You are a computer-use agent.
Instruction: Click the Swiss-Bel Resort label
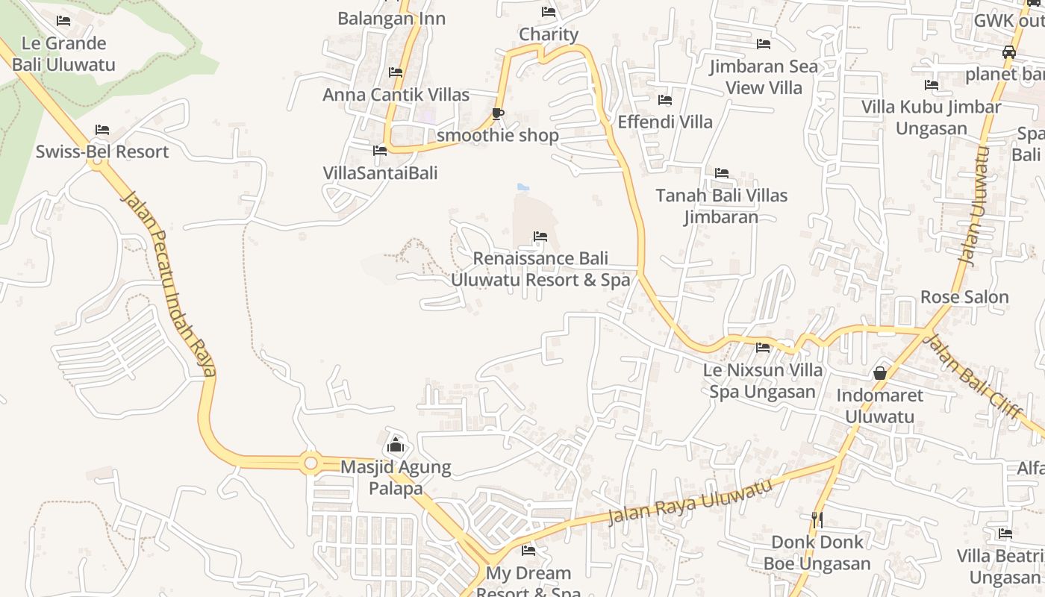102,151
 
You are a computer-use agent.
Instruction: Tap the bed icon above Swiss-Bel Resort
102,130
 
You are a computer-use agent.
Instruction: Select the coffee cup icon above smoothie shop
498,113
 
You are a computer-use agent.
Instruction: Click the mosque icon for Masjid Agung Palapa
395,446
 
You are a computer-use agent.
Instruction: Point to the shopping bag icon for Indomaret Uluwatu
880,372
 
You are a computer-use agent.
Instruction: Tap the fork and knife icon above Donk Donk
817,519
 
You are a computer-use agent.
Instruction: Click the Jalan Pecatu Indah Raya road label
170,284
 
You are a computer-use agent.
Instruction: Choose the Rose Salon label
964,297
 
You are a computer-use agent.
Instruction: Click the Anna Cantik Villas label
396,95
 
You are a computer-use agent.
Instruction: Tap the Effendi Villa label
665,122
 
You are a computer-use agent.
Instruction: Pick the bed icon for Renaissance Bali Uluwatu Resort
540,237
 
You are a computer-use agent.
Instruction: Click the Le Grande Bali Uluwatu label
64,54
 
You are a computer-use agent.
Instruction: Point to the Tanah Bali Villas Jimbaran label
722,206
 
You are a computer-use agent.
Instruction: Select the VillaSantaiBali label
380,173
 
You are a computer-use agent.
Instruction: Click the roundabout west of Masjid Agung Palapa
311,463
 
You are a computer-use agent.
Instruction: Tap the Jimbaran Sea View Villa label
764,77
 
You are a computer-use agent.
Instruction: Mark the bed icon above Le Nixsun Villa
763,347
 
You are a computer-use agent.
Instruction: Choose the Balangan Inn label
391,19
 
